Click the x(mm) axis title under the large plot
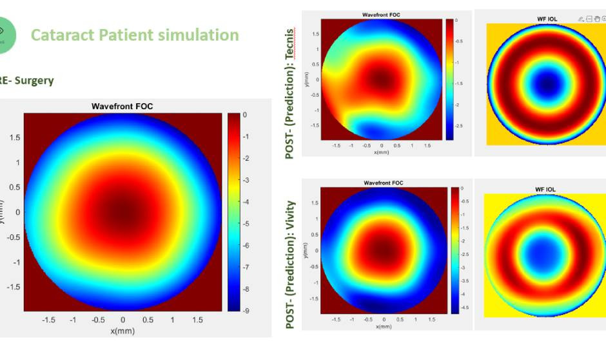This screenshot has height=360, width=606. point(122,330)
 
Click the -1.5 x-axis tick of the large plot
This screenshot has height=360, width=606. point(48,320)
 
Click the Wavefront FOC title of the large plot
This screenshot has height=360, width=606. point(122,106)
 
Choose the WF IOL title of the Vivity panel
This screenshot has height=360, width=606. point(545,189)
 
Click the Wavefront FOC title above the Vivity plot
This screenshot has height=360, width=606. point(383,183)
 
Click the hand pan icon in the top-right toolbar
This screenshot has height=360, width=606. point(596,19)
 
